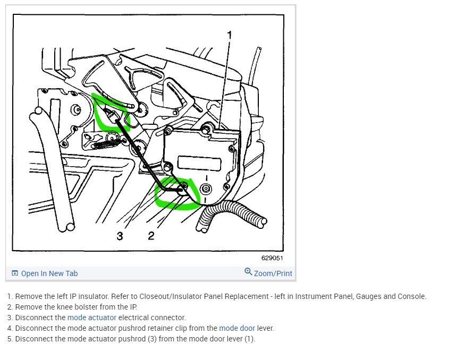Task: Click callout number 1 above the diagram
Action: pos(229,35)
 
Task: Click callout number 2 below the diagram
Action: pos(151,236)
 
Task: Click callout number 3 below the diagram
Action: pos(120,236)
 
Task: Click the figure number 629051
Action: pos(272,258)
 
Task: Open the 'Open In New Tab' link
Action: pos(49,273)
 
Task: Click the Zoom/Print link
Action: pos(273,273)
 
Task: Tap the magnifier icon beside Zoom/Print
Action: pos(248,271)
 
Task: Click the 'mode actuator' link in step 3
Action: pos(92,318)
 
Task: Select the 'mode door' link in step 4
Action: pos(237,328)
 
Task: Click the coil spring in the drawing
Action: pos(106,144)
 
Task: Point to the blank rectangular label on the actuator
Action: pos(199,163)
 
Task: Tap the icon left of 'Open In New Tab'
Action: pos(15,273)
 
